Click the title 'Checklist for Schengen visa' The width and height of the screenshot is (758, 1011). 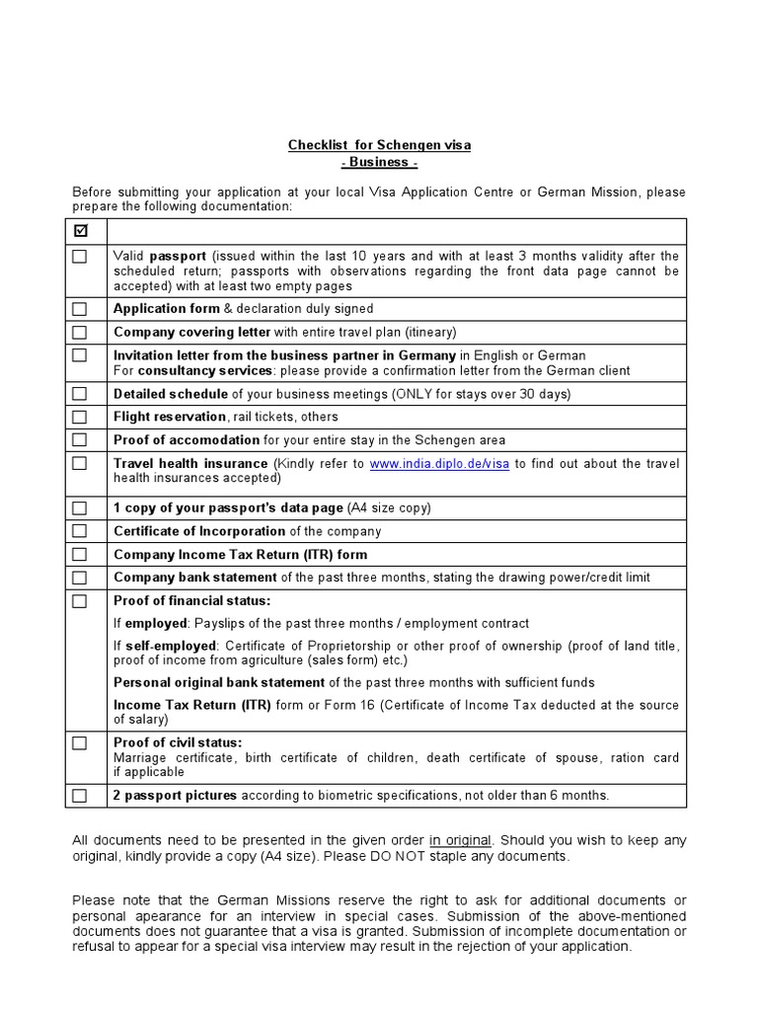pos(379,145)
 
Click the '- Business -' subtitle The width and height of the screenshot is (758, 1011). pos(379,163)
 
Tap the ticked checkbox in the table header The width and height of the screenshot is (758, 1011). pos(80,231)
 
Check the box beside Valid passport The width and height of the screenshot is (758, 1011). pos(80,256)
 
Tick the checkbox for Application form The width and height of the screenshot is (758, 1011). pos(80,309)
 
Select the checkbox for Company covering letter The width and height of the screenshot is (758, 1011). pos(80,333)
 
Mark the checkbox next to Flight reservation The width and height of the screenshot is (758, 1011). pos(80,417)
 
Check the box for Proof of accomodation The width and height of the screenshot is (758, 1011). pos(80,440)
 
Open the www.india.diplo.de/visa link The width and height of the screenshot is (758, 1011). pos(439,464)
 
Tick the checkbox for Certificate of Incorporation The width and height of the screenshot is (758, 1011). pos(80,531)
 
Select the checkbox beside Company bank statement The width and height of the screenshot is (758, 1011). pos(80,578)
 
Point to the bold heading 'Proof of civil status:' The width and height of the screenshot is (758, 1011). pos(178,742)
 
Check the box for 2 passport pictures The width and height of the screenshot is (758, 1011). pos(80,796)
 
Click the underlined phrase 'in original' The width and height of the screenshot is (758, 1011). pos(460,840)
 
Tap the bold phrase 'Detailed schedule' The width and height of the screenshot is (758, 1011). pos(170,393)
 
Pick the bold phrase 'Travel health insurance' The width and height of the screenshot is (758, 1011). pos(190,463)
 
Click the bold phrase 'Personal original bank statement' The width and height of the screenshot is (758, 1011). pos(219,682)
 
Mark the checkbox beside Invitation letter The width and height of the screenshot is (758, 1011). pos(80,355)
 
